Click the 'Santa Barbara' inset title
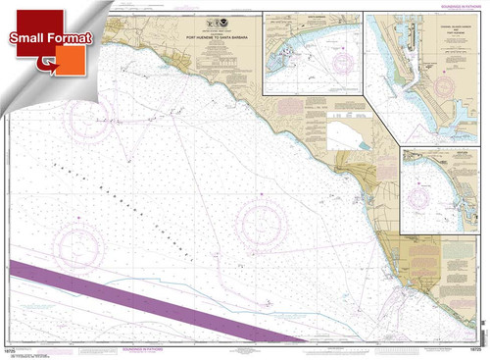pos(312,17)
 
